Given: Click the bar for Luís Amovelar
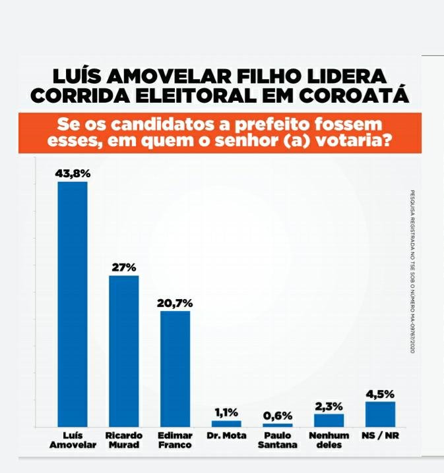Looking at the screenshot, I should [73, 304].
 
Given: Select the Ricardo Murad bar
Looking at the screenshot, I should [123, 351].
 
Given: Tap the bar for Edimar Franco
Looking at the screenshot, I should [175, 369].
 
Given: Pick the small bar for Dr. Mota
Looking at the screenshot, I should [226, 424].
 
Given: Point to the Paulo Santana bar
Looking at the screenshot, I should [277, 425].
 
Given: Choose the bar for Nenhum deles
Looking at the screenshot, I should [329, 420].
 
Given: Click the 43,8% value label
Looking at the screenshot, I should [73, 174].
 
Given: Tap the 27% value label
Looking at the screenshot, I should [123, 267].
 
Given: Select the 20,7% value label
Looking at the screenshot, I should [175, 303].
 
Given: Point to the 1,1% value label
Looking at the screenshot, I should [226, 413].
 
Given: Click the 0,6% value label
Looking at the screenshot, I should [277, 416].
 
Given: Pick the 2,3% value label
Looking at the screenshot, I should [329, 406].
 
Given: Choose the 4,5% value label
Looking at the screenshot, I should [380, 394].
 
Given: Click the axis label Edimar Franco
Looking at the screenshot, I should [175, 440].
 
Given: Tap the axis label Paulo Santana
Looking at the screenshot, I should [277, 440].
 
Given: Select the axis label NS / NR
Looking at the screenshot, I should [380, 435].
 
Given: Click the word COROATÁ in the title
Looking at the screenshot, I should [356, 96].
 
